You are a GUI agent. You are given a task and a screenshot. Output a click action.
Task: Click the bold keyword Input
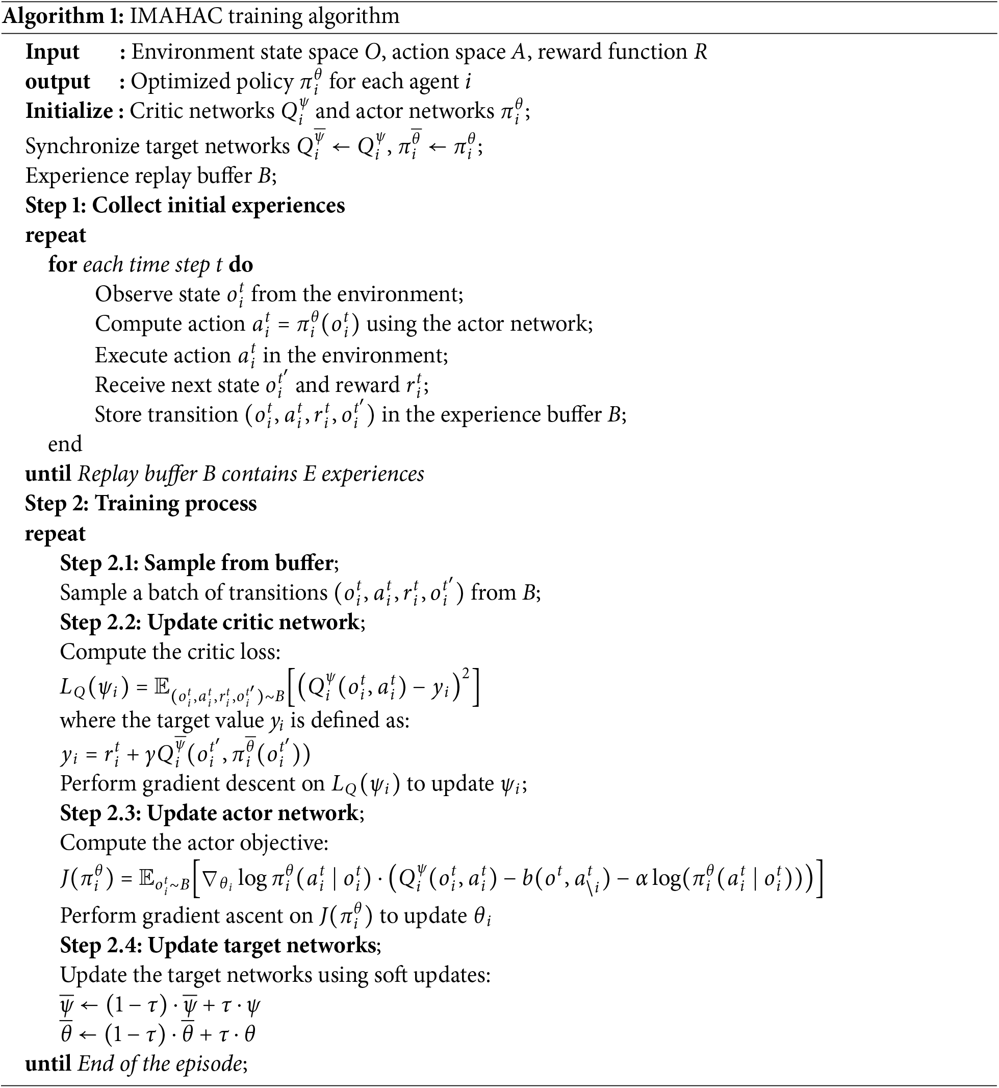pyautogui.click(x=53, y=52)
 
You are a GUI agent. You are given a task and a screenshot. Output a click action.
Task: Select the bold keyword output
pyautogui.click(x=57, y=82)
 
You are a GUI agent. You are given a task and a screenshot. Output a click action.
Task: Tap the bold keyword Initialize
pyautogui.click(x=69, y=111)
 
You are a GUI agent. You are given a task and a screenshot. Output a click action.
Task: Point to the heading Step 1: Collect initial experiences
pyautogui.click(x=185, y=206)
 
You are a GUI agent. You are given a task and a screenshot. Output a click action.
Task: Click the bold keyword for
pyautogui.click(x=62, y=264)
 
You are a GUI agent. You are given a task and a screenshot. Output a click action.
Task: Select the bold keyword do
pyautogui.click(x=241, y=264)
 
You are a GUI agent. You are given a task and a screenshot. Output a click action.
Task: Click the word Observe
pyautogui.click(x=130, y=294)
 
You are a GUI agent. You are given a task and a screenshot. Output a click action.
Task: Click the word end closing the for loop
pyautogui.click(x=65, y=444)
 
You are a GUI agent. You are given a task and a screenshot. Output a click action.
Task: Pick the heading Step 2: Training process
pyautogui.click(x=141, y=503)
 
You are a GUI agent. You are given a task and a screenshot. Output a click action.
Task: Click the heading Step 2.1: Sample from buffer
pyautogui.click(x=198, y=563)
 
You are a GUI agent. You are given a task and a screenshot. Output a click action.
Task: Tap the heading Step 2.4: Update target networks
pyautogui.click(x=219, y=945)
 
